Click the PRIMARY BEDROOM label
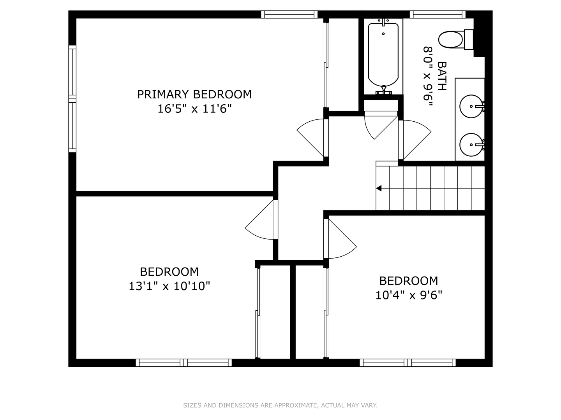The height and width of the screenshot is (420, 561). tap(194, 94)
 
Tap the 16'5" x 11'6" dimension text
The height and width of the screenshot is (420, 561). tap(194, 109)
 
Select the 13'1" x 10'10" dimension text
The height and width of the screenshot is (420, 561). tap(169, 286)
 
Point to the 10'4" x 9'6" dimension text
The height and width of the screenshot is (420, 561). tap(408, 295)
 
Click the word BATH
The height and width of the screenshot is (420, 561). tap(442, 76)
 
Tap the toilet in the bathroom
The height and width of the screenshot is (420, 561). tap(456, 40)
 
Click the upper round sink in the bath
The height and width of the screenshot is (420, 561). tap(471, 106)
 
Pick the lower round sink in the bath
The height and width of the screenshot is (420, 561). tap(471, 145)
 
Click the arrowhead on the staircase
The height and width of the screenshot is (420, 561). tap(379, 188)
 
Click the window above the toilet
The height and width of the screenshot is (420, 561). tap(438, 14)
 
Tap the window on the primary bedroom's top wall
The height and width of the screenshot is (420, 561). tap(289, 14)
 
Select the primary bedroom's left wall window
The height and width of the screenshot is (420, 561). tap(72, 99)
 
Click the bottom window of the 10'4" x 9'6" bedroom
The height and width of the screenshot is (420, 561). tap(408, 362)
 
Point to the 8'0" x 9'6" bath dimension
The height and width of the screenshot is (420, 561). tap(428, 77)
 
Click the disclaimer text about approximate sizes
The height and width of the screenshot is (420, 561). tap(280, 405)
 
